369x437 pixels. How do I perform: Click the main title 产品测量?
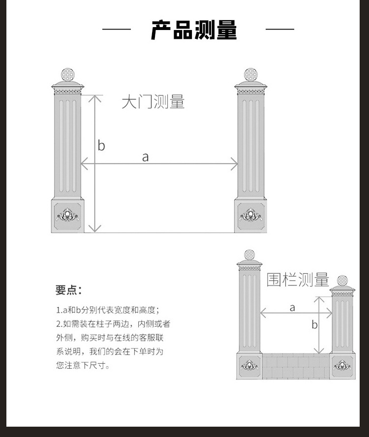click(x=194, y=30)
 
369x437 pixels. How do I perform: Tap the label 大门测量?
click(x=153, y=102)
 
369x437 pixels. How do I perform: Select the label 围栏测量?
click(x=298, y=280)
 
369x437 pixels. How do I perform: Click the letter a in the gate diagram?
click(x=145, y=157)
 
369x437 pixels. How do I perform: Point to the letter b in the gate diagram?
click(x=101, y=146)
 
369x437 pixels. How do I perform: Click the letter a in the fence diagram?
click(x=292, y=308)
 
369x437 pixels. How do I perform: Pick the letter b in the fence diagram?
click(x=315, y=324)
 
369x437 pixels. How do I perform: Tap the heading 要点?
click(x=68, y=290)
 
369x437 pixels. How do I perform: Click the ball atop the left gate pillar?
click(x=68, y=75)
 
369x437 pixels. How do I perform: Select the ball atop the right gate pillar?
click(x=250, y=75)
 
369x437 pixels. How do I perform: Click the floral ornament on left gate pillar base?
click(x=67, y=215)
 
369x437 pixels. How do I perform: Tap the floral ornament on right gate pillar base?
click(x=250, y=215)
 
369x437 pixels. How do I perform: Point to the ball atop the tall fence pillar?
click(x=249, y=255)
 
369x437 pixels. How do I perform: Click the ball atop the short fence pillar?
click(x=342, y=281)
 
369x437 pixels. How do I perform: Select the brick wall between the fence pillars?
click(x=296, y=367)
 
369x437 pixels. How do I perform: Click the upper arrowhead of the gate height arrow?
click(x=95, y=98)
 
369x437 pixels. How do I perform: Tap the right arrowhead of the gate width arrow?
click(x=234, y=163)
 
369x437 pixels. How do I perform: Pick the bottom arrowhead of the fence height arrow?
click(x=318, y=350)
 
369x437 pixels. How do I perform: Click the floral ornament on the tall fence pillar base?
click(x=249, y=365)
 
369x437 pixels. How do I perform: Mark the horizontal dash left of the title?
click(x=117, y=29)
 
